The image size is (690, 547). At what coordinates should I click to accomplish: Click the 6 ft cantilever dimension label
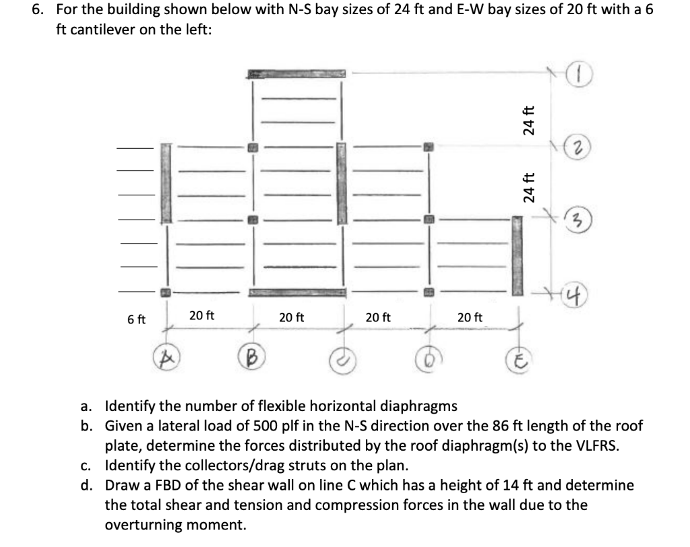click(x=137, y=320)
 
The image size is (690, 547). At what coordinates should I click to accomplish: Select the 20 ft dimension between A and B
click(x=201, y=315)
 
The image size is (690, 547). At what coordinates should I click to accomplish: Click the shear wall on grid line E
click(x=517, y=255)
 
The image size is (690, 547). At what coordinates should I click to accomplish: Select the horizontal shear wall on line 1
click(x=297, y=73)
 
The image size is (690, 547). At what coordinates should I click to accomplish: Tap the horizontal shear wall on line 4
click(x=297, y=292)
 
